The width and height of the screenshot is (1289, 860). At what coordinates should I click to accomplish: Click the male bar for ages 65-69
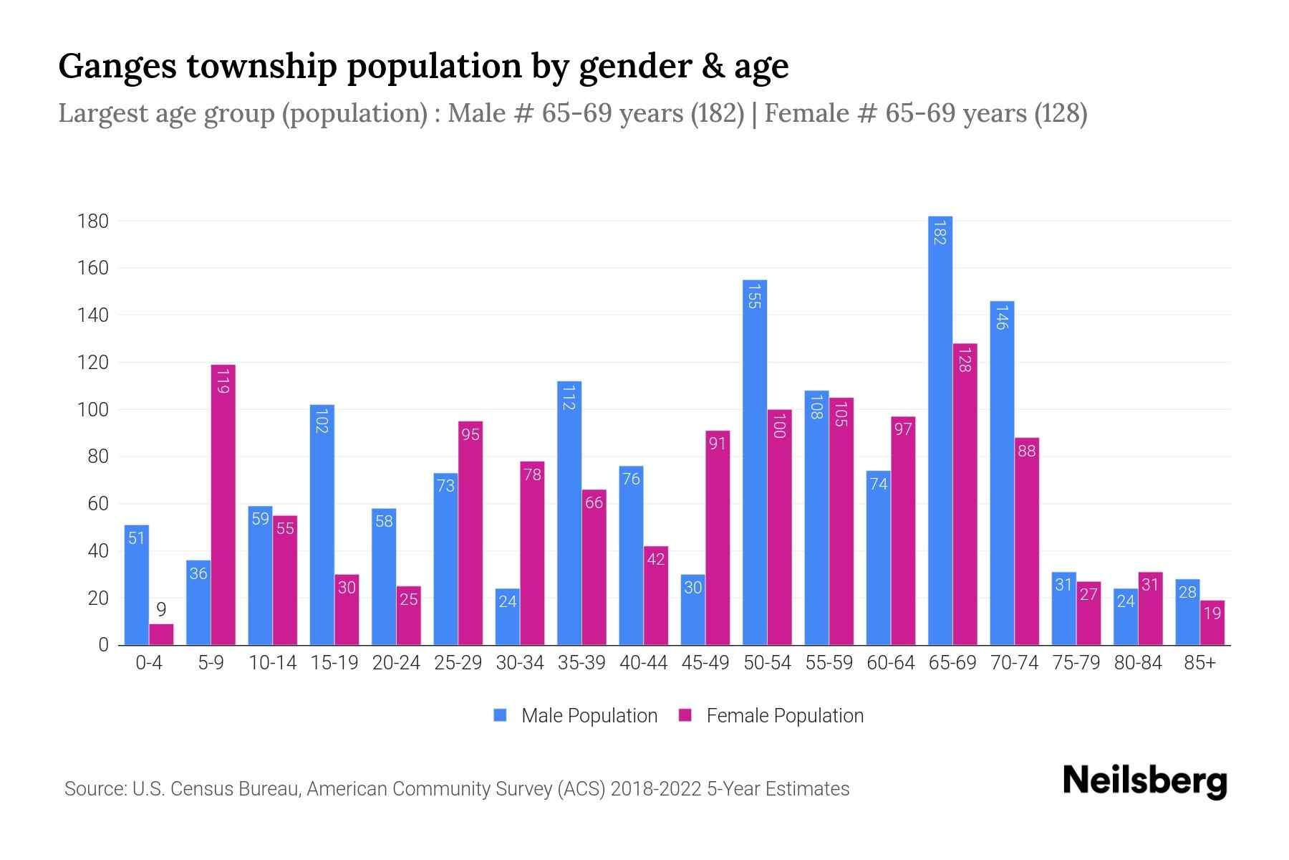tap(940, 430)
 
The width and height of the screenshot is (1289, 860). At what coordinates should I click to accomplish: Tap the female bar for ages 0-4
tap(161, 635)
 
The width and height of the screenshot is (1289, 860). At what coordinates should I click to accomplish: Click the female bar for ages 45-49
tap(718, 537)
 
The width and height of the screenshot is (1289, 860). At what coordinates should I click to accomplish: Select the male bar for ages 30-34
tap(508, 617)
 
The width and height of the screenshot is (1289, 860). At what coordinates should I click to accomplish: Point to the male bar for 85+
tap(1187, 613)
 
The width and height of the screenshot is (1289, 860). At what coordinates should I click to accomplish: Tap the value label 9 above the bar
tap(161, 610)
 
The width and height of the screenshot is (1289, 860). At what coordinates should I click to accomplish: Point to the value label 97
tap(903, 429)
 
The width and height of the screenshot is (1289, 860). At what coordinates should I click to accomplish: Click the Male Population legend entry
tap(575, 716)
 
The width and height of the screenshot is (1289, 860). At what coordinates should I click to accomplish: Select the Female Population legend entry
tap(771, 716)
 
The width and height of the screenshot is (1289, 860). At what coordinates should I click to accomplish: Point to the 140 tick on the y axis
tap(93, 315)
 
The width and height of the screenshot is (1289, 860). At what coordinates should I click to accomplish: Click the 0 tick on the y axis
tap(104, 645)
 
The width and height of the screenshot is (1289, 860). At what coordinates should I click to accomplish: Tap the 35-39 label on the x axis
tap(581, 663)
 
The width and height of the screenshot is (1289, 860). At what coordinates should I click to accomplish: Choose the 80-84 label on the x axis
tap(1138, 663)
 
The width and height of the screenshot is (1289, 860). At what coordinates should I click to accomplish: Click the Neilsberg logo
tap(1144, 781)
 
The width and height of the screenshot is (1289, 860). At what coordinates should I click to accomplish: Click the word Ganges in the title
tap(117, 67)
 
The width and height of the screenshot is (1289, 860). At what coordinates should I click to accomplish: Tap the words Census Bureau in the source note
tap(239, 789)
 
